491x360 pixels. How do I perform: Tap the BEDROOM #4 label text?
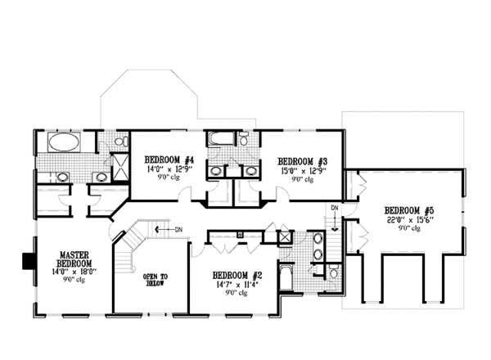click(169, 160)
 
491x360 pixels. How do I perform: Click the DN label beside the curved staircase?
click(177, 230)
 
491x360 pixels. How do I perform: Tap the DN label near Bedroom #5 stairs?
click(334, 209)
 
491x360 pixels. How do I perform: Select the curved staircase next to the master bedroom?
click(132, 245)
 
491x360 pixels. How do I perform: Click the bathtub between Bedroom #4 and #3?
click(221, 139)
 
